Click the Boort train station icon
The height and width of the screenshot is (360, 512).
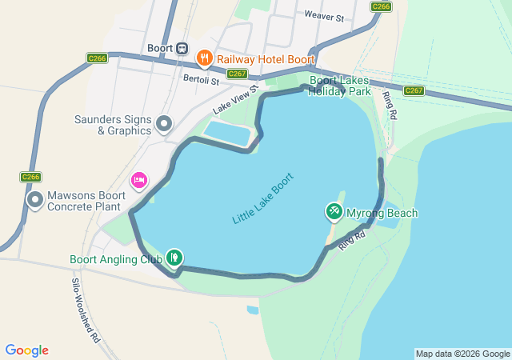click(182, 48)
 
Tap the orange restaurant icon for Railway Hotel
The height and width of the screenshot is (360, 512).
click(204, 58)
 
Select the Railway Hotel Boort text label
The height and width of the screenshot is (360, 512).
click(266, 59)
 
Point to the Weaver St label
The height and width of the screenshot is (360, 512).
click(323, 15)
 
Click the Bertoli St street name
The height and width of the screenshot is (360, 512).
click(201, 78)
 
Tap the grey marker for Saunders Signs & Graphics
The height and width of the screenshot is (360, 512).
click(164, 123)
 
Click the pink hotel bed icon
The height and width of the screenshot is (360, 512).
click(139, 180)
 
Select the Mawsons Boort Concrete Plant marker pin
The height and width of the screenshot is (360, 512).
click(35, 200)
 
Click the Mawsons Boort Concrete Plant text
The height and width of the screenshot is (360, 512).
click(87, 201)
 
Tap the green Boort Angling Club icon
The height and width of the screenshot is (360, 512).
click(174, 258)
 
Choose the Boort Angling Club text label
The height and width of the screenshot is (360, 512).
click(116, 259)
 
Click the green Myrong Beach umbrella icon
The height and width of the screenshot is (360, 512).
click(334, 211)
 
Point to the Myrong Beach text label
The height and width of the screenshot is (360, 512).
click(382, 214)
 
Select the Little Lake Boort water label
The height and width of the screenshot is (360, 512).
click(263, 198)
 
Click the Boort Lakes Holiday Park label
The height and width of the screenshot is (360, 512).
click(340, 86)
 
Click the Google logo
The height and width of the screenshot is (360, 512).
click(26, 350)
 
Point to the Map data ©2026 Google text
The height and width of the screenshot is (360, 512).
click(462, 354)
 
